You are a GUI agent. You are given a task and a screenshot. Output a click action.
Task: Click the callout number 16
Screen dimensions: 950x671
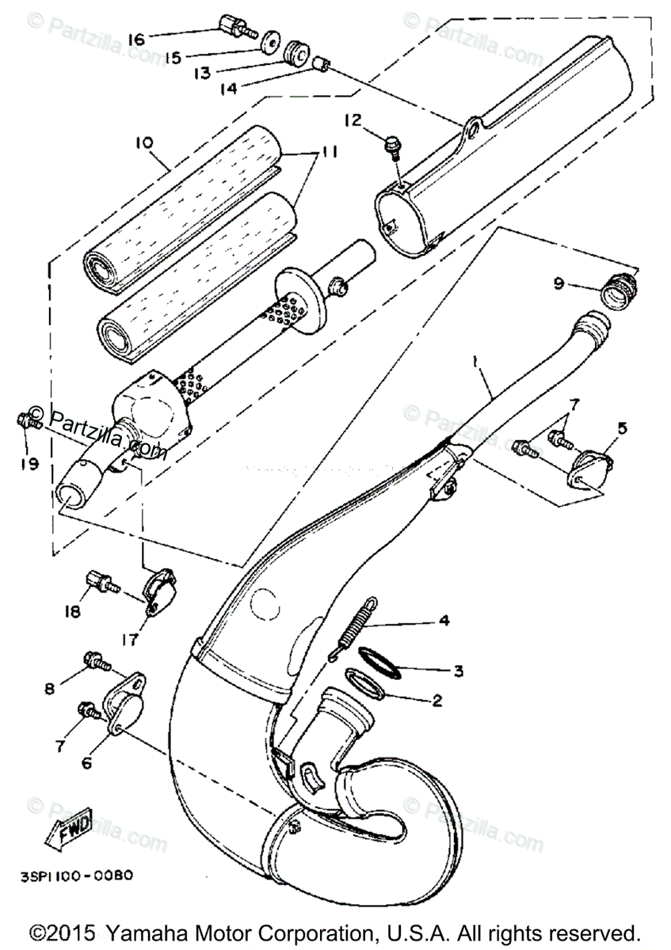click(x=135, y=39)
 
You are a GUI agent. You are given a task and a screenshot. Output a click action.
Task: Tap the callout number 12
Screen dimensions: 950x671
click(x=352, y=120)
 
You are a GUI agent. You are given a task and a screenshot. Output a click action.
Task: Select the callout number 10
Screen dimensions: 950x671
click(x=143, y=143)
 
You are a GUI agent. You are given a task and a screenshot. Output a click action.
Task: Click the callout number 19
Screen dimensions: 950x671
click(x=29, y=464)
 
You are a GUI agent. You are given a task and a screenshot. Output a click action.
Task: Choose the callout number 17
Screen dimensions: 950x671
click(x=130, y=638)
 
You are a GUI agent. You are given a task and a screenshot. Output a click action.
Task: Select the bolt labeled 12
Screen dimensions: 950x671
click(x=392, y=146)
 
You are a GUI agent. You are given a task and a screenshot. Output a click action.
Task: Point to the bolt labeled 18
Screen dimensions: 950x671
click(x=101, y=583)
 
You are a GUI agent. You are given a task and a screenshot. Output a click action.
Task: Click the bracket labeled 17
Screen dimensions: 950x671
click(x=162, y=595)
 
